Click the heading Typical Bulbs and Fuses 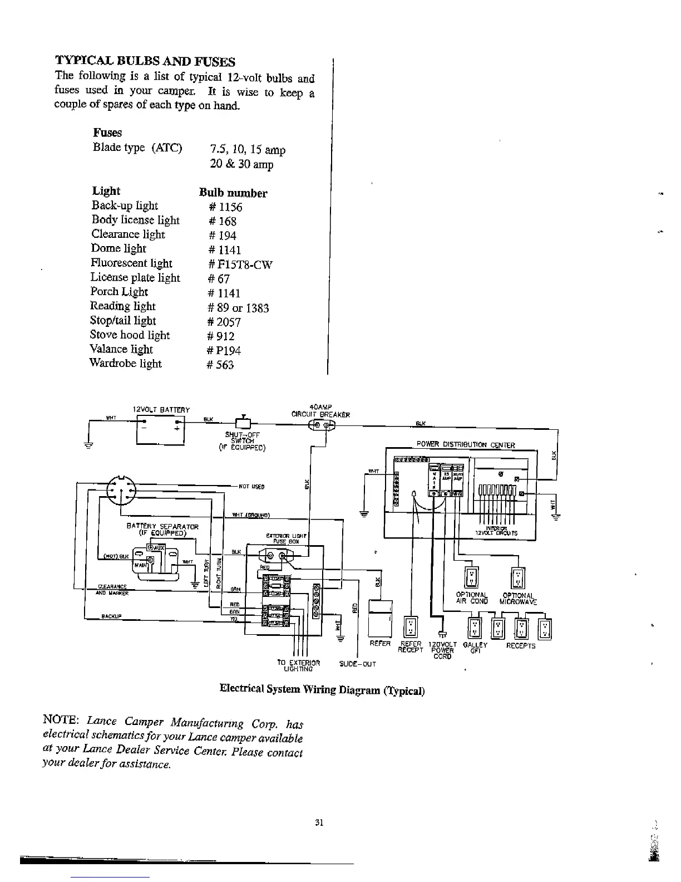coord(145,61)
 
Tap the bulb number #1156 coord(225,207)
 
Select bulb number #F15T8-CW coord(239,264)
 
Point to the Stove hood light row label coord(130,335)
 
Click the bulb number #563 coord(220,365)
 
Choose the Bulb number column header coord(233,193)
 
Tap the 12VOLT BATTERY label coord(161,410)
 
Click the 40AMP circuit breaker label coord(320,411)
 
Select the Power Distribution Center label coord(466,445)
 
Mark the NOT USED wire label coord(251,486)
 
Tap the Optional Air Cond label coord(472,598)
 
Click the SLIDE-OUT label coord(358,664)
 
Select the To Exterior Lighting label coord(298,665)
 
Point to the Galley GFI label coord(475,648)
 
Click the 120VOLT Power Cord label coord(443,650)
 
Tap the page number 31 coord(319,822)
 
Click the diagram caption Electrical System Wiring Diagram coord(322,689)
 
